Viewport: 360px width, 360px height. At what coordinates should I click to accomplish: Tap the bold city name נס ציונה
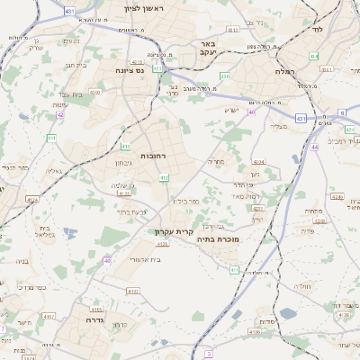[131, 70]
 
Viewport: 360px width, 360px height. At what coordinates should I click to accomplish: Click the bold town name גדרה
[96, 319]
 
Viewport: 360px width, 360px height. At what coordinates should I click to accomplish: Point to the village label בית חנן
[74, 65]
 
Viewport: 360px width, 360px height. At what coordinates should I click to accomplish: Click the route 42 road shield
[60, 114]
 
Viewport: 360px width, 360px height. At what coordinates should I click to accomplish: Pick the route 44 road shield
[314, 147]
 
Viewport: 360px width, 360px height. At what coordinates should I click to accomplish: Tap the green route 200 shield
[225, 76]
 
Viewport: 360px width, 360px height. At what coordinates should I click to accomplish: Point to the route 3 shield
[209, 355]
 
